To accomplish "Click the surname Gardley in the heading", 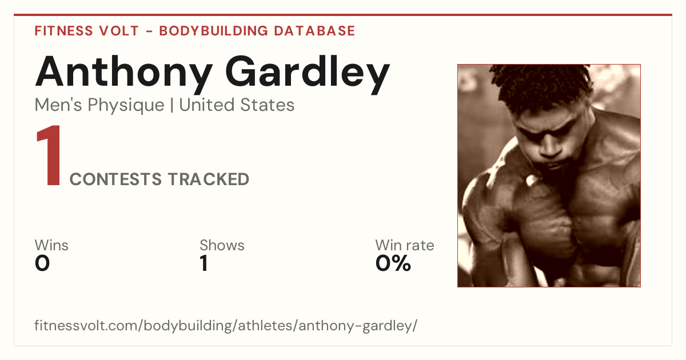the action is [308, 74].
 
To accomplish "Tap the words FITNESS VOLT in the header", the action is [87, 31].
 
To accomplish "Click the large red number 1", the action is [49, 155].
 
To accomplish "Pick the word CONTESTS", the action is [115, 179].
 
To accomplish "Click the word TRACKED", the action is [209, 179].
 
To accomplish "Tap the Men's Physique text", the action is [99, 105].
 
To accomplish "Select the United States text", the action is [237, 105].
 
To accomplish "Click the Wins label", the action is [51, 245].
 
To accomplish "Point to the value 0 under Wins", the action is [42, 263].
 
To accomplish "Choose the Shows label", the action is [222, 245].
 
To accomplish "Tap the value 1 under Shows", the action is [204, 263].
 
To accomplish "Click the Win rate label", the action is [405, 245].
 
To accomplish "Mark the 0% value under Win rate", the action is [393, 263].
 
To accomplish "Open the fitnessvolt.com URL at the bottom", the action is [226, 325].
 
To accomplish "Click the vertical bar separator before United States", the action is [172, 105].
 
